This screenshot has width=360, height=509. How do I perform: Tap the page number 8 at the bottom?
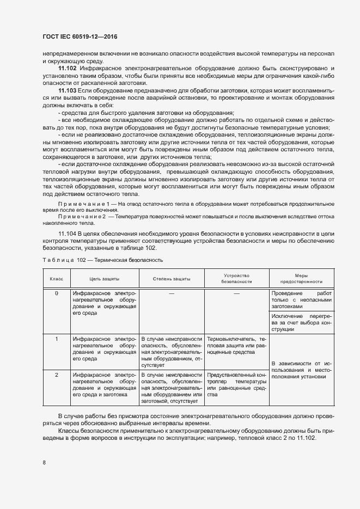pos(44,463)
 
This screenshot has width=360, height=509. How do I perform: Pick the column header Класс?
pos(57,279)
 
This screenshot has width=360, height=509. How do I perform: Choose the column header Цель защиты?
pos(104,279)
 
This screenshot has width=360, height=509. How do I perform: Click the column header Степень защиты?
pos(172,279)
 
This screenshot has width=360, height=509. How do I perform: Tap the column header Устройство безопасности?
pos(236,279)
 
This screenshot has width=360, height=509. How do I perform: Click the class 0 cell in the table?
pos(57,293)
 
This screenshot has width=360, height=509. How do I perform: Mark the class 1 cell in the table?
pos(57,339)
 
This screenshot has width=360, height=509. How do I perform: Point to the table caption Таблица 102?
pos(102,260)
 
